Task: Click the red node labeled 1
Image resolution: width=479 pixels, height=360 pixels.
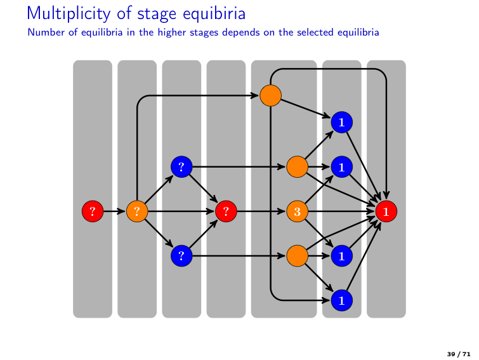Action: (386, 211)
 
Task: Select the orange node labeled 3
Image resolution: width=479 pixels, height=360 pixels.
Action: (296, 211)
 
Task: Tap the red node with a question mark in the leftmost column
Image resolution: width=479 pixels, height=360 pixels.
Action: (93, 211)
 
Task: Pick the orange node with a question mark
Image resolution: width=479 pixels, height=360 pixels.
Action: (137, 211)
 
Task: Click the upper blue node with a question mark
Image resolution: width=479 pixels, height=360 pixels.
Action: (181, 166)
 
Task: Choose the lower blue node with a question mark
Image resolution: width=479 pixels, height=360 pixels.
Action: (181, 256)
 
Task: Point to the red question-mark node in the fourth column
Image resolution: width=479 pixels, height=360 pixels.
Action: (226, 211)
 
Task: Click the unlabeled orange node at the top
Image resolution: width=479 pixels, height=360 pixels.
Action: (270, 95)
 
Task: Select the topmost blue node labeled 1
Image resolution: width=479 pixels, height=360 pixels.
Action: (341, 121)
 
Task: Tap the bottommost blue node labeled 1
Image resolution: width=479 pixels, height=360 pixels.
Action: (341, 299)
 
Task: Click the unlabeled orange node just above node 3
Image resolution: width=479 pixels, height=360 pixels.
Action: (296, 166)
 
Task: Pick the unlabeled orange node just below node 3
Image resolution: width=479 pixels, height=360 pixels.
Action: (296, 256)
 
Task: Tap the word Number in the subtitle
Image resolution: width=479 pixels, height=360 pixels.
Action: (44, 32)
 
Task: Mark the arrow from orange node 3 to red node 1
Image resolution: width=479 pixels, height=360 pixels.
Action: (340, 211)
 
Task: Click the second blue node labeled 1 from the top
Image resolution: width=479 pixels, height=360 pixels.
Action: (341, 166)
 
